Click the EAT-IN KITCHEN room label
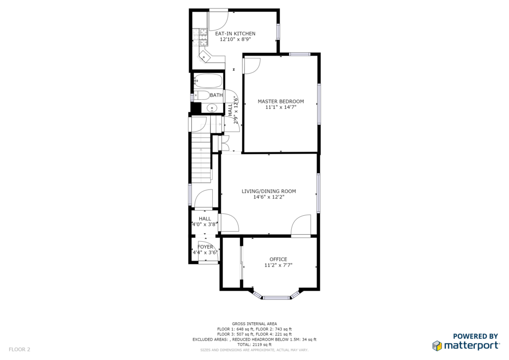coord(235,33)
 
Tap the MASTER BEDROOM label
coord(281,101)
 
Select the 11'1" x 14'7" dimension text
coord(281,107)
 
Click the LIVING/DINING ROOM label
coord(269,191)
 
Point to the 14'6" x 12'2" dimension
coord(269,197)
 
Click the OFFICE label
coord(278,260)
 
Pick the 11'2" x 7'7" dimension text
coord(278,265)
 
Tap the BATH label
coord(216,95)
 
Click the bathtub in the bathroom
coord(208,81)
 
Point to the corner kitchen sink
coord(205,56)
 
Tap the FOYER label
coord(205,247)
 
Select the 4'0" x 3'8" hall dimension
coord(204,224)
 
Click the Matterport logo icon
coord(437,346)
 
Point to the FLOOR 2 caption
coord(19,350)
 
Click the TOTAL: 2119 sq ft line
coord(254,345)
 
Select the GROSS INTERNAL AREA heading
coord(254,324)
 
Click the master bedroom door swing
coord(252,66)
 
